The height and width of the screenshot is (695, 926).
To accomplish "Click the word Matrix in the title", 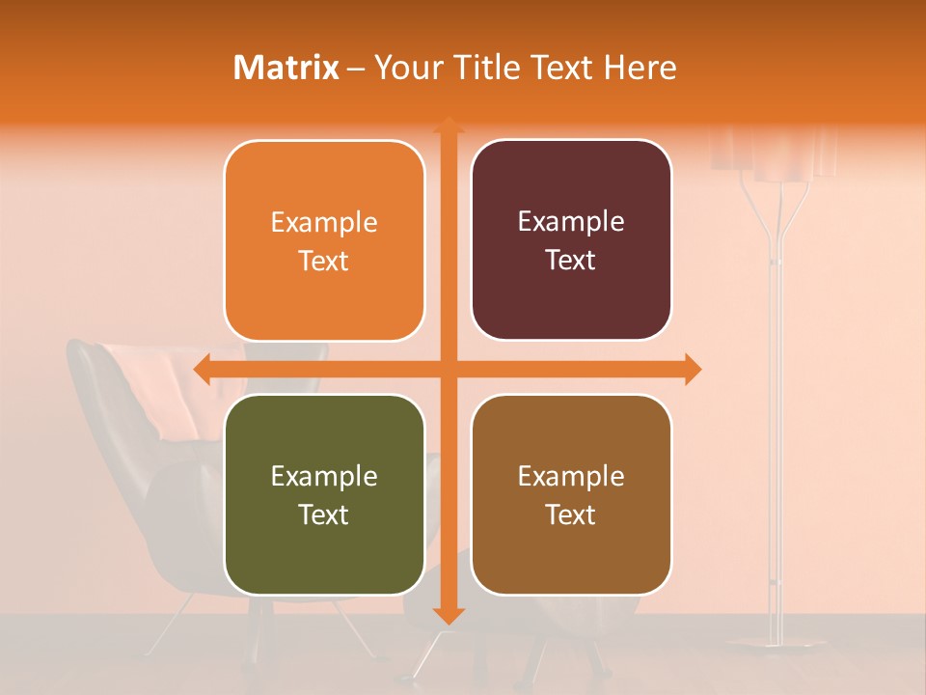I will click(x=286, y=68).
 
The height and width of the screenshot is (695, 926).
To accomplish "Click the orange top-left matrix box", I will click(x=324, y=241).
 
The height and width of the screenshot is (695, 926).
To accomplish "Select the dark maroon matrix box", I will click(x=571, y=240).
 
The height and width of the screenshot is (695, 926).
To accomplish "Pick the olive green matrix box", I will click(x=324, y=494).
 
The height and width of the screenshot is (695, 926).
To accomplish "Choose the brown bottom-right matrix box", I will click(x=571, y=494).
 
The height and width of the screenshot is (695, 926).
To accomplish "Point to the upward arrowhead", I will click(x=448, y=125).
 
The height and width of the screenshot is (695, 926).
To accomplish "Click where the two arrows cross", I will click(x=448, y=369).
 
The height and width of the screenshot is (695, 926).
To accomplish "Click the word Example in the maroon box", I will click(x=571, y=222).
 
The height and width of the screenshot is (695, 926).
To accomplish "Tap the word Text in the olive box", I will click(x=324, y=514).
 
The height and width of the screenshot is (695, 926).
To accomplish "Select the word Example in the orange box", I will click(x=324, y=223).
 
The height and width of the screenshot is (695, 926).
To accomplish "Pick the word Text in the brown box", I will click(x=571, y=514).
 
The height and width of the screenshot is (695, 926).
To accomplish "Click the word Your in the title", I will click(x=405, y=68).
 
